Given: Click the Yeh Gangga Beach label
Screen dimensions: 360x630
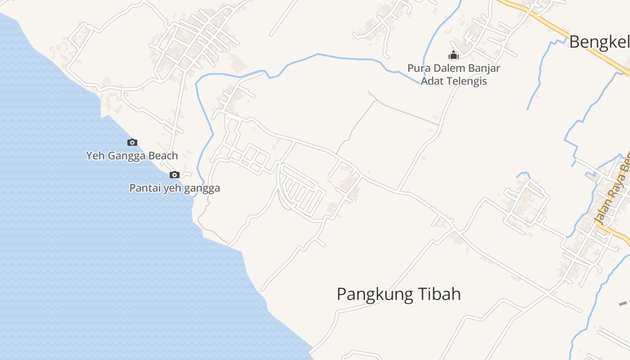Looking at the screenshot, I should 132,156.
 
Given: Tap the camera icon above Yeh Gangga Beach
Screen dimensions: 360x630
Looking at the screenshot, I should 132,143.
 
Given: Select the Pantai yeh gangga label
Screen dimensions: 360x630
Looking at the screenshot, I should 175,188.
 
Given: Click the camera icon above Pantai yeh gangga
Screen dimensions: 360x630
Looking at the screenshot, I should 175,175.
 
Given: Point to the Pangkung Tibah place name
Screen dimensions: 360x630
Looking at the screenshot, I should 399,294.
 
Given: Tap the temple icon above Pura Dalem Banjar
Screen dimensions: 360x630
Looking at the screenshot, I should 454,55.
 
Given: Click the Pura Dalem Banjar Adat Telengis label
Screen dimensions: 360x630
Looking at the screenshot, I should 454,75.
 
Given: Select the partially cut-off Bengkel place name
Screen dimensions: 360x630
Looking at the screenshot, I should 599,42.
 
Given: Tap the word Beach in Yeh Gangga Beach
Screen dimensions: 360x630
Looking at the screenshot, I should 164,156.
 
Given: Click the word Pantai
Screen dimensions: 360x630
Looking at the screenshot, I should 145,188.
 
